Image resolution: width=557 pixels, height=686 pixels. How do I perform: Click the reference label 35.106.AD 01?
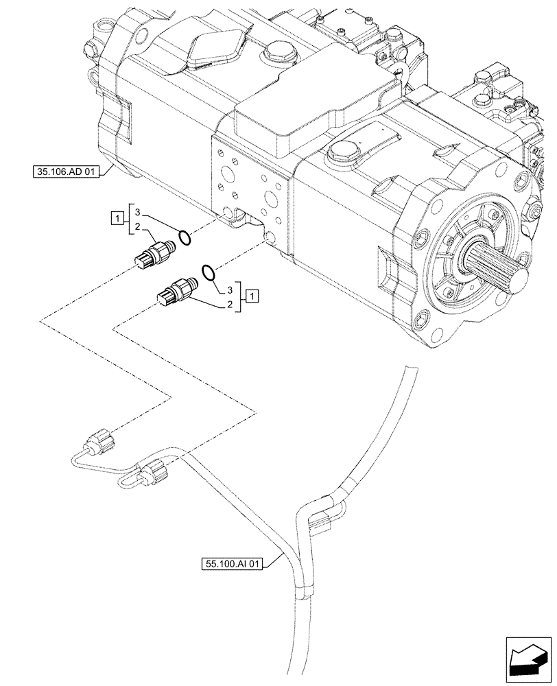point(65,171)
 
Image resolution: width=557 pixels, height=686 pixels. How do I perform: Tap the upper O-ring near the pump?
point(184,238)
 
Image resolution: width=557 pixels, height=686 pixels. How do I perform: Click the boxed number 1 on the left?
point(117,220)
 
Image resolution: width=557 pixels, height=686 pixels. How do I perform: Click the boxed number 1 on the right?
point(253,296)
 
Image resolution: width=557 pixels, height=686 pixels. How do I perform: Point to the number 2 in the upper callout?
point(137,227)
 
